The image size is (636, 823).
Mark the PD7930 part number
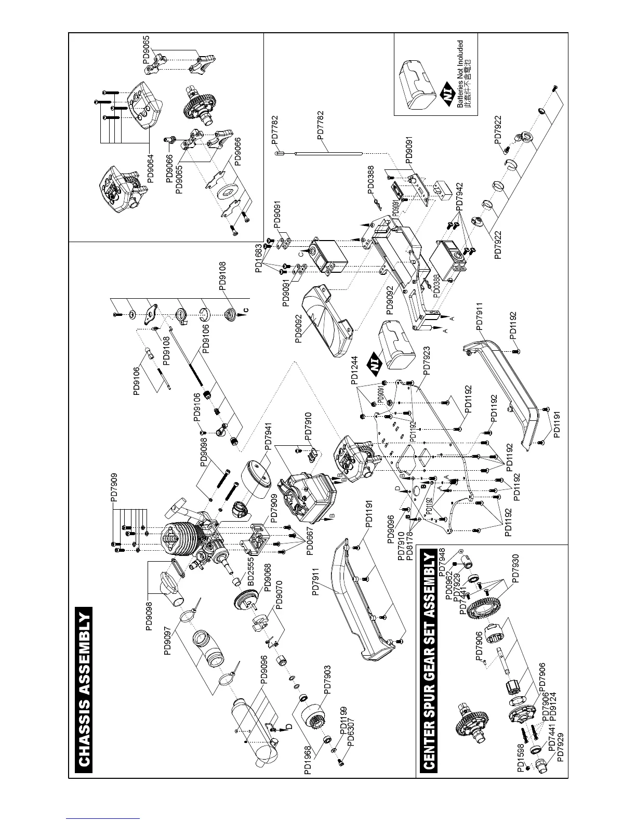[515, 569]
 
